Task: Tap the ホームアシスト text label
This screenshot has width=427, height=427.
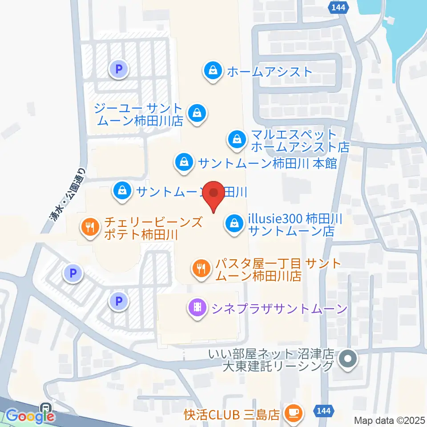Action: click(270, 71)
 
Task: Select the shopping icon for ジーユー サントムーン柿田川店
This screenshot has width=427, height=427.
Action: click(196, 113)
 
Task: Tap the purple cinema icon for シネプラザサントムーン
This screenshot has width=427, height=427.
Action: click(197, 307)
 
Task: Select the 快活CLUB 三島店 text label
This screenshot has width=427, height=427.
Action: click(232, 415)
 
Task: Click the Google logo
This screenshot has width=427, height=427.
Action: click(29, 416)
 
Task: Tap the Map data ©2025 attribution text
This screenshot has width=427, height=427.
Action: click(390, 420)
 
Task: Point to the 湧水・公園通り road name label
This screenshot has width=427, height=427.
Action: click(64, 192)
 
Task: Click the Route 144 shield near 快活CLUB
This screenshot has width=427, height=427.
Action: click(324, 411)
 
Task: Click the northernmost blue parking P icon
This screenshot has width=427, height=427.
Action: click(118, 69)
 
